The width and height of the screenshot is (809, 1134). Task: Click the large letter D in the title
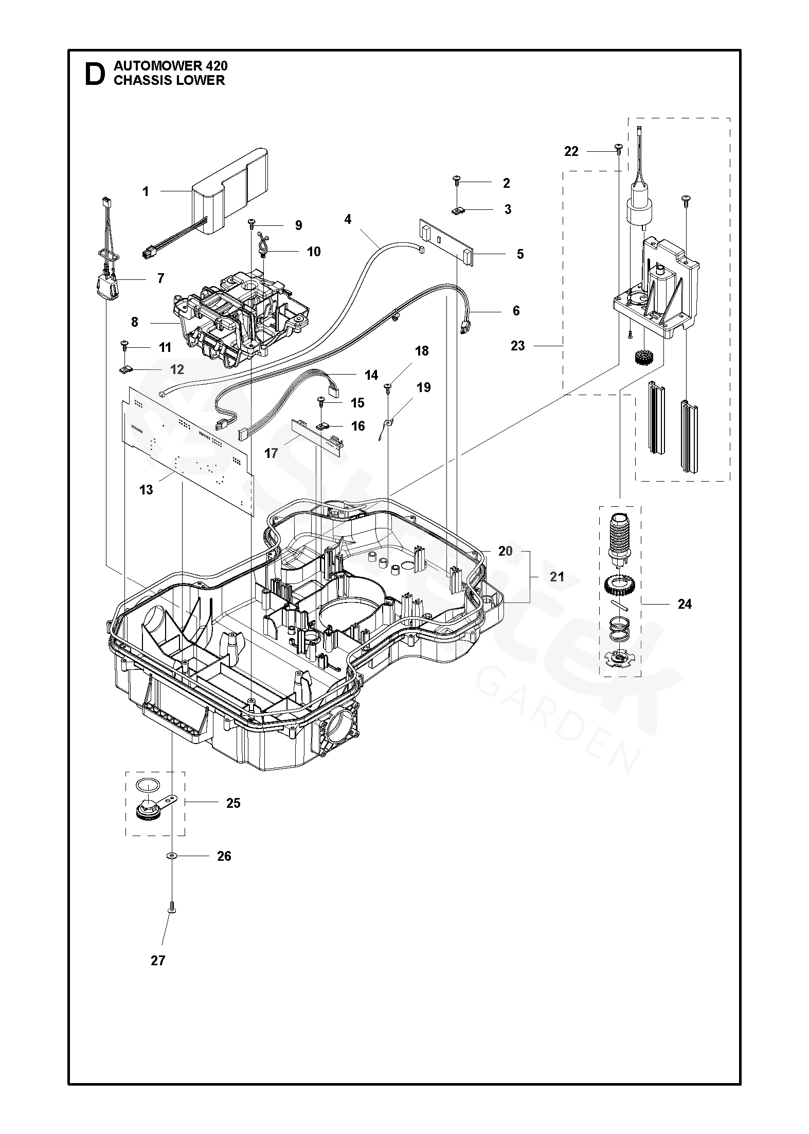(x=95, y=74)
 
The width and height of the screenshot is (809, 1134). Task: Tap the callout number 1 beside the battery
(x=146, y=192)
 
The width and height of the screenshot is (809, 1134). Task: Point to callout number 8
(x=135, y=322)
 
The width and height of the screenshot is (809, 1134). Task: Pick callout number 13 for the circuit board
(x=146, y=490)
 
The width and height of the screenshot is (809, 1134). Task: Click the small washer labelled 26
(x=169, y=856)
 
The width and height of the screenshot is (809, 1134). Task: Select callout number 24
(x=685, y=604)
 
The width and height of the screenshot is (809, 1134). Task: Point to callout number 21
(x=557, y=577)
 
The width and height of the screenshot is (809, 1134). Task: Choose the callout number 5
(x=520, y=254)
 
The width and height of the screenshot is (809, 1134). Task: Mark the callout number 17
(x=271, y=453)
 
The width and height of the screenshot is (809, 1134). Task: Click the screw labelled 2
(x=457, y=180)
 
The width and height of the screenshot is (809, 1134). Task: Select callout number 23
(x=518, y=346)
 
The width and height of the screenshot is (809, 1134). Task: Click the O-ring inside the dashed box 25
(x=148, y=785)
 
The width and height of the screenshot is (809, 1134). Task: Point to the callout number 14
(x=371, y=375)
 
